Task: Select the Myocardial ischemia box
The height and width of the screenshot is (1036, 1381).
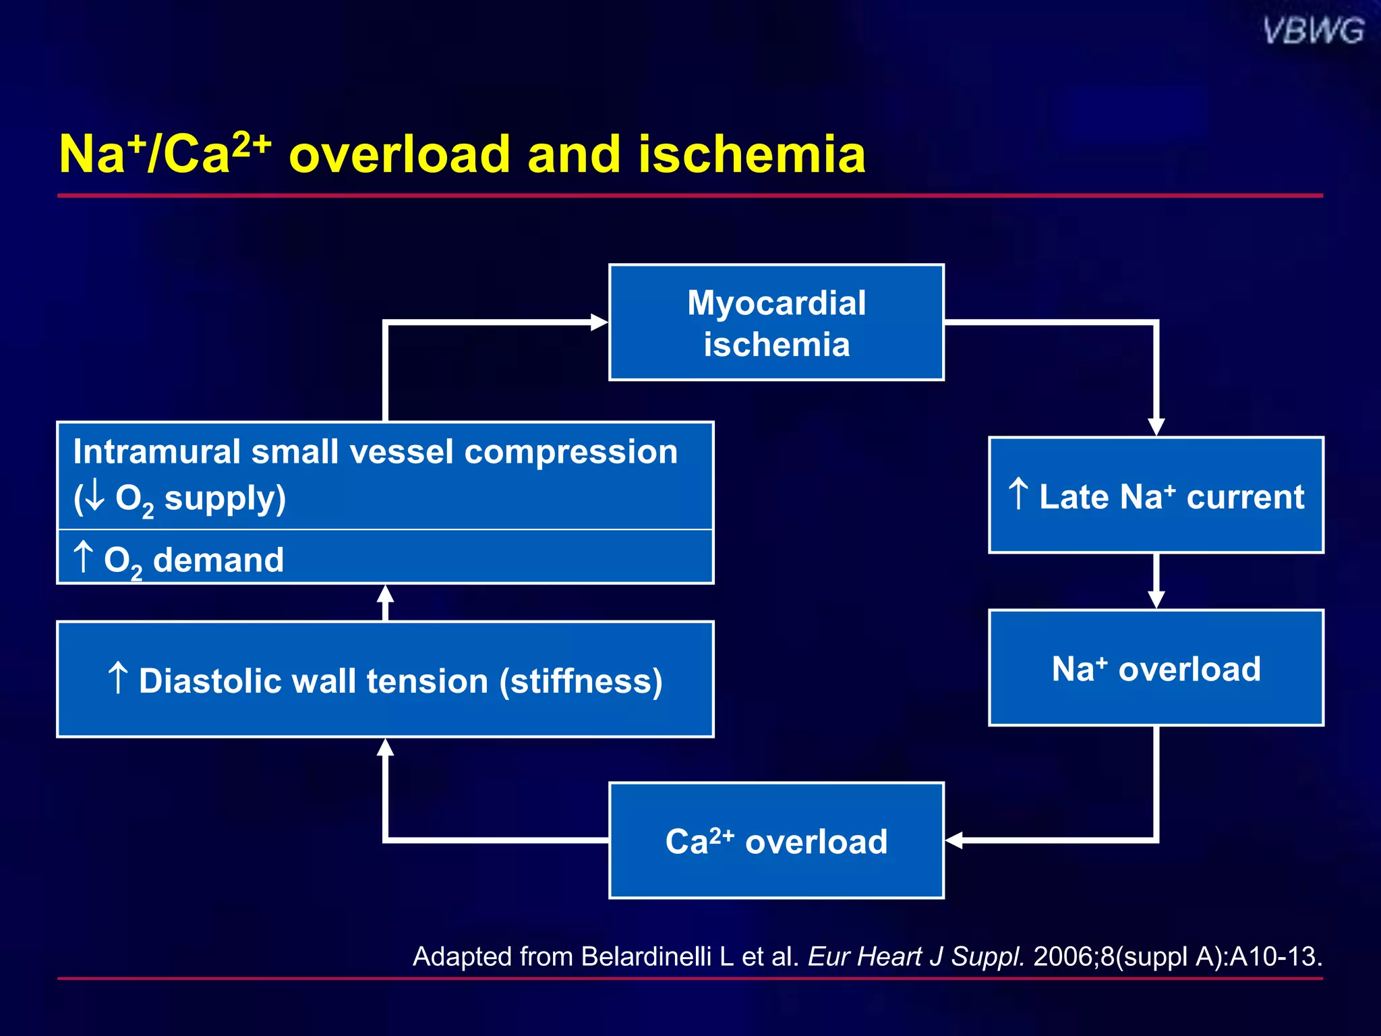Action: [x=776, y=322]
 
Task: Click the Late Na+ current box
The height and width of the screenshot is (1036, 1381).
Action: [x=1156, y=495]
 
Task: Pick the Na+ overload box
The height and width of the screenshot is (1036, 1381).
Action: [x=1156, y=668]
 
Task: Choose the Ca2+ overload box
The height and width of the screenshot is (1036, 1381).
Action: [x=776, y=840]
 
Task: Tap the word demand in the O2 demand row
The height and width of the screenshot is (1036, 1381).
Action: [x=218, y=560]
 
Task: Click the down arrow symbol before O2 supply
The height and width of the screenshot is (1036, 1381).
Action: [x=94, y=497]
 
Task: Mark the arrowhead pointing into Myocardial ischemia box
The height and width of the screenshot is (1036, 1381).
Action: [x=599, y=322]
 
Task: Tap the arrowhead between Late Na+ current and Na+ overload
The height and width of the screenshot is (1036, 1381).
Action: [x=1156, y=599]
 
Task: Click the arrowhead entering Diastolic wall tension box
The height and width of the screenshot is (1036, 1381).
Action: [x=385, y=747]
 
